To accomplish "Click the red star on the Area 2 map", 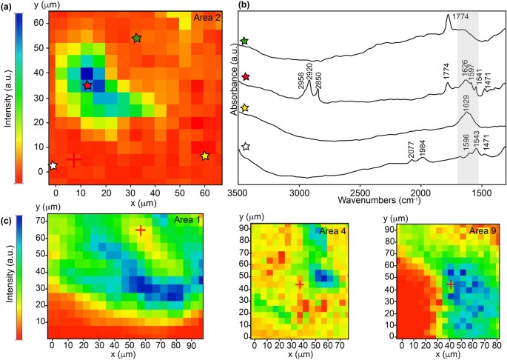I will point(88,86).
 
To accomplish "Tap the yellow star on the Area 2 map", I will point(205,156).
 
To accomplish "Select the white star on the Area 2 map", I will point(53,166).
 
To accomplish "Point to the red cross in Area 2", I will point(73,159).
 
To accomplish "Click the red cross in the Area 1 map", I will point(141,230).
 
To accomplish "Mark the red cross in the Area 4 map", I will point(300,284).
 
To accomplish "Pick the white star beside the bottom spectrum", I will point(245,147).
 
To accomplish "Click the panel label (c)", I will point(7,220).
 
